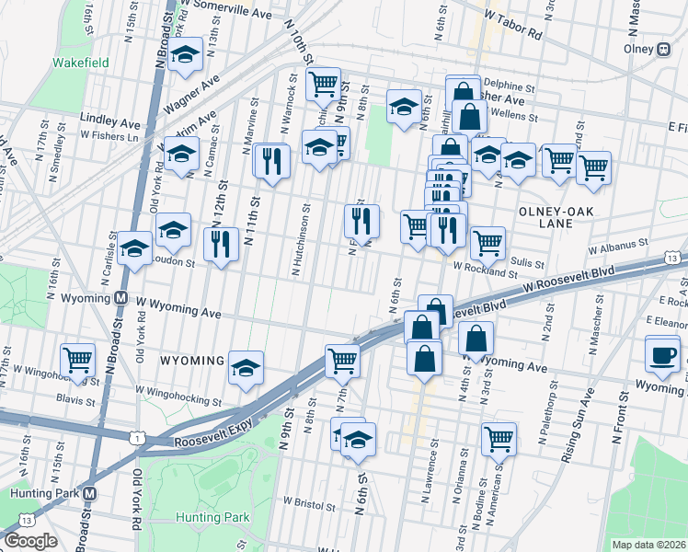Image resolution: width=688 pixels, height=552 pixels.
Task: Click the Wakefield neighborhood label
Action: [80, 63]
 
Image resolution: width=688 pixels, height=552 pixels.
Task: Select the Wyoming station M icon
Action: [120, 298]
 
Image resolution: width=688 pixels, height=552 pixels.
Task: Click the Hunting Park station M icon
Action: [89, 492]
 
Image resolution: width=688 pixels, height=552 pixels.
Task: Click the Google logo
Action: [29, 541]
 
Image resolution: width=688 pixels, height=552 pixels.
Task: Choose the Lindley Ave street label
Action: [109, 122]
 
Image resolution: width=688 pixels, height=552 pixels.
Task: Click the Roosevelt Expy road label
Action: [212, 443]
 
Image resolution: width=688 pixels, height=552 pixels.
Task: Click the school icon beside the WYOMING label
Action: [246, 368]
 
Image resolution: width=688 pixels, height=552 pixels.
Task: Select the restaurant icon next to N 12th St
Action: [220, 245]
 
